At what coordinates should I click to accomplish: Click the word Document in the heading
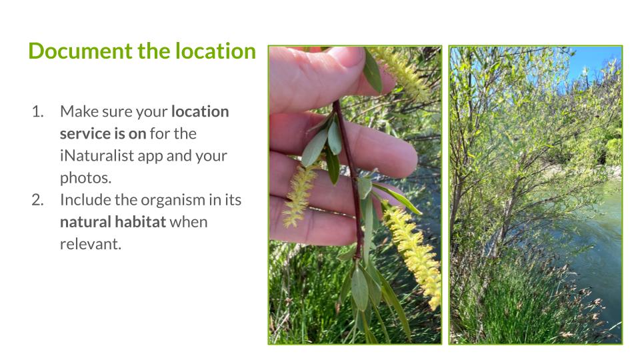(x=81, y=51)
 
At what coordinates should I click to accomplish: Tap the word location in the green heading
(x=215, y=51)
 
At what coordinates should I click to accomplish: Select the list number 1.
(x=37, y=111)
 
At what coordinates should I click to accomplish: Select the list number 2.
(x=37, y=200)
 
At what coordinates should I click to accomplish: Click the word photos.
(x=85, y=178)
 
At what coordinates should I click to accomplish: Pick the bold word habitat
(x=141, y=222)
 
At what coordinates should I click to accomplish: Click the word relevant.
(x=91, y=244)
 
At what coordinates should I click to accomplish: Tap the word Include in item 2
(x=85, y=200)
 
